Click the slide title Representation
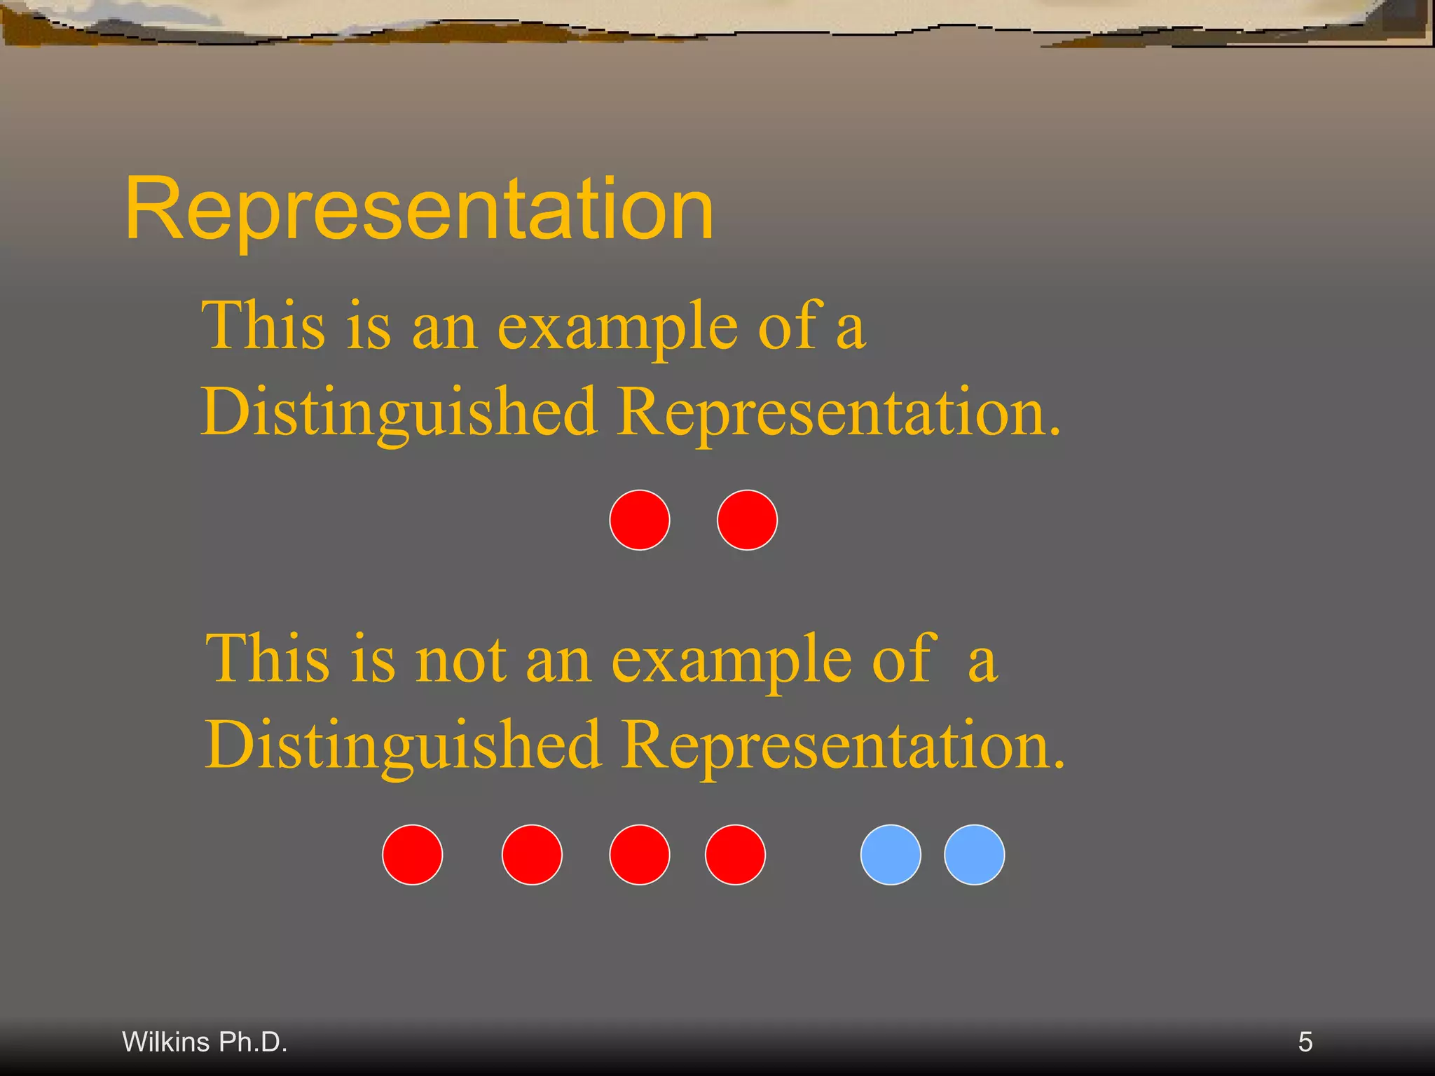pyautogui.click(x=419, y=209)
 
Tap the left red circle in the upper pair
pyautogui.click(x=639, y=520)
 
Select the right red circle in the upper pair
pyautogui.click(x=747, y=520)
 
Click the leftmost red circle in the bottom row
pyautogui.click(x=412, y=855)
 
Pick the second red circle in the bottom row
pyautogui.click(x=532, y=855)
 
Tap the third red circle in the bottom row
pyautogui.click(x=639, y=855)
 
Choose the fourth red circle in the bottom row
pyautogui.click(x=735, y=855)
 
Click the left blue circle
pyautogui.click(x=891, y=855)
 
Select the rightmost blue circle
pyautogui.click(x=974, y=855)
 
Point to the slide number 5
pyautogui.click(x=1305, y=1042)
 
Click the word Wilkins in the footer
pyautogui.click(x=166, y=1042)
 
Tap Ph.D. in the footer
pyautogui.click(x=253, y=1042)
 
